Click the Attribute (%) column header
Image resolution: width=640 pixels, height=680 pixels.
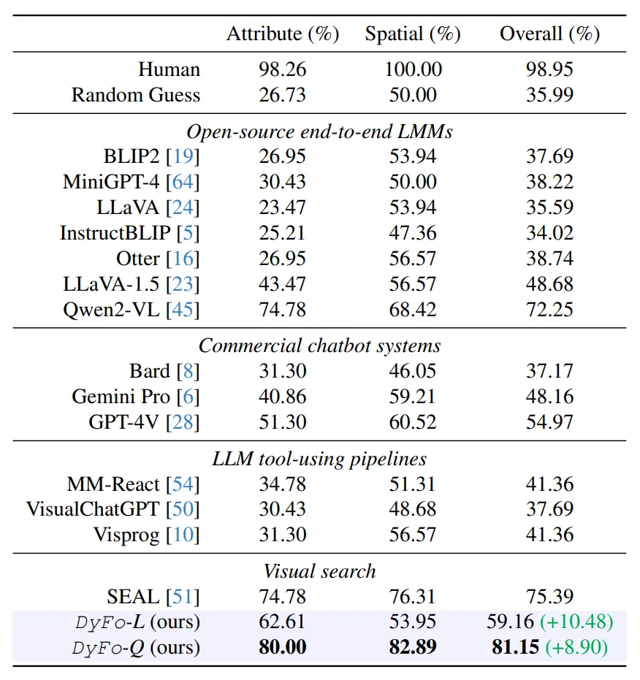pos(283,34)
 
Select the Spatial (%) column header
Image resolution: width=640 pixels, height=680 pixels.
pos(413,34)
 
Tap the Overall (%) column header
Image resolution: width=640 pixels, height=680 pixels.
pos(549,34)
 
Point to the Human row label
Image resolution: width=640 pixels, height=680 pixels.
pos(169,70)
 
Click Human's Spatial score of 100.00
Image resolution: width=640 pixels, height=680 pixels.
pos(413,70)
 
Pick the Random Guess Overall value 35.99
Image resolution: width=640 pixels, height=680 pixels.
pos(549,95)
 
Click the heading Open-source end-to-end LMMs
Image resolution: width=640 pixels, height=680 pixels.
pos(320,131)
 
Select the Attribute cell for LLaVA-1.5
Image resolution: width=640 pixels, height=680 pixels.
pos(283,283)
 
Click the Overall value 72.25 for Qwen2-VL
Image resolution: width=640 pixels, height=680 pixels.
pos(549,309)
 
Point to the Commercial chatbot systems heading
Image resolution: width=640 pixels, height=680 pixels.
pos(320,345)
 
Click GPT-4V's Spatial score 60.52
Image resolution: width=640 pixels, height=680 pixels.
pos(413,422)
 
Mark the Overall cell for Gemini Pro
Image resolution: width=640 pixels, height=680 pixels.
pos(549,397)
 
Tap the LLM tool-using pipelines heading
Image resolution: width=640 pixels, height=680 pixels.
pos(320,459)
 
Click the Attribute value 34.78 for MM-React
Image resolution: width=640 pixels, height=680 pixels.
pos(283,484)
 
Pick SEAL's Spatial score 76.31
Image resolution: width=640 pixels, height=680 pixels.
pos(413,597)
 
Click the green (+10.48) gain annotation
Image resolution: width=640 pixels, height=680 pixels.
pos(576,622)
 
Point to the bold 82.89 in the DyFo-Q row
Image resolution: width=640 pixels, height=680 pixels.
pos(413,647)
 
